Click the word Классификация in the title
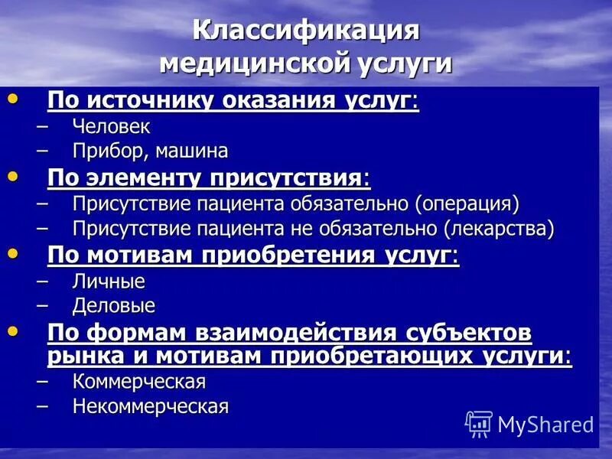click(306, 32)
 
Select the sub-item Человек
click(112, 127)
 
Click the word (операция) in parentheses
click(467, 203)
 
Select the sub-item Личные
click(109, 281)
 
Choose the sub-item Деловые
click(114, 306)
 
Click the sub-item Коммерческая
click(139, 381)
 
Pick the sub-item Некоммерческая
click(151, 406)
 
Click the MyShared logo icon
click(478, 423)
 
